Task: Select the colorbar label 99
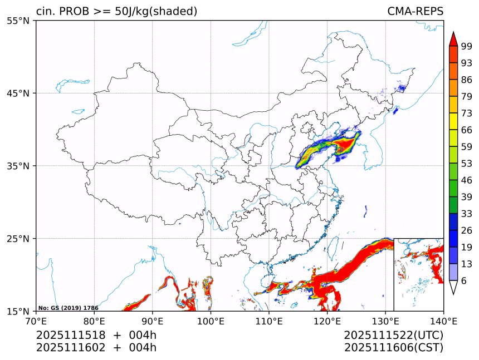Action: pos(466,46)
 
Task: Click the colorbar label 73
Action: pos(466,113)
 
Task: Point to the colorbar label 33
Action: pos(466,214)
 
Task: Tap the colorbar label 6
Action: pos(463,281)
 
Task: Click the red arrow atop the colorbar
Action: pos(453,39)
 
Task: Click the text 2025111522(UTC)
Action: pos(393,336)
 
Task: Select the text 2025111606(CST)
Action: pos(393,348)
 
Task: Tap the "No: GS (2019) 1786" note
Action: pos(69,308)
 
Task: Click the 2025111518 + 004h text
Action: pos(96,336)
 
